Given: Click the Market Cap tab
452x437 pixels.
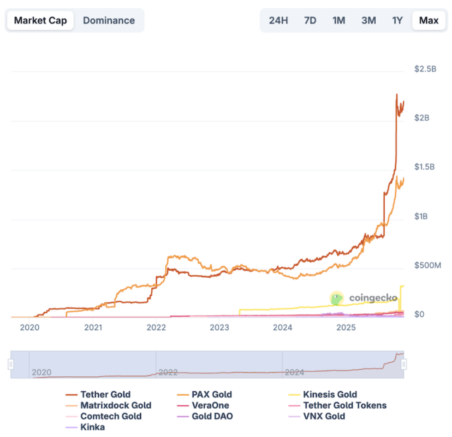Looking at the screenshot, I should (41, 21).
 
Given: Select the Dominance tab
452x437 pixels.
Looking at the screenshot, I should (109, 21).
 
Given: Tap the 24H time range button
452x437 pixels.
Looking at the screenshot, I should (278, 21).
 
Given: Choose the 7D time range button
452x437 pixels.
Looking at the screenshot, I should (309, 21).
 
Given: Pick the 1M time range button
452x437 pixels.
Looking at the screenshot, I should (339, 21).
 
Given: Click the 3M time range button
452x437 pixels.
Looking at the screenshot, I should (369, 21).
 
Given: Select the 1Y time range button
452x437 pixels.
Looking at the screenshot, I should (398, 21).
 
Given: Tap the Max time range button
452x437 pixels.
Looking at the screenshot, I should (429, 21).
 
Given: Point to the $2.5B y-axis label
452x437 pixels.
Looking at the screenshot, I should (426, 69).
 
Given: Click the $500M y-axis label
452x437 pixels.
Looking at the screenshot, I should (427, 265).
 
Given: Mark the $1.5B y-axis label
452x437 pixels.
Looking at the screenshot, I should (426, 167).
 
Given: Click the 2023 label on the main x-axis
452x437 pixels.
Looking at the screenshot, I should (220, 327).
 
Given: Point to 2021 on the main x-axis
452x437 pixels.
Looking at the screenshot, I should (93, 327).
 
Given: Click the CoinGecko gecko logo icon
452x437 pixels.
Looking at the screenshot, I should (337, 299).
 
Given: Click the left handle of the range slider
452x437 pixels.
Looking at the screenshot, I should (11, 364).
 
